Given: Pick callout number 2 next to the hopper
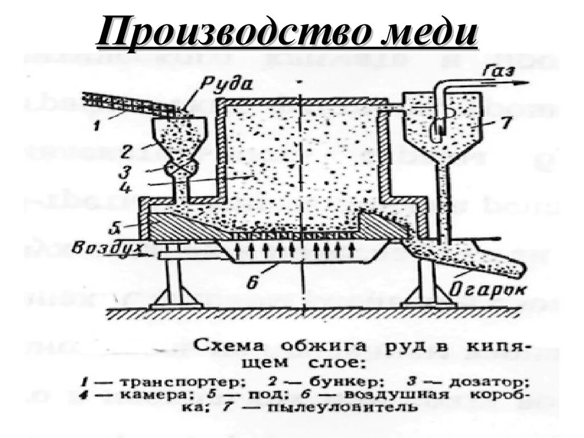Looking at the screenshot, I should [x=127, y=151].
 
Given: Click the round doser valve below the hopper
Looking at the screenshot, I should [x=181, y=168].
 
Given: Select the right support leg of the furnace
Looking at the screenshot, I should [x=429, y=285].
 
